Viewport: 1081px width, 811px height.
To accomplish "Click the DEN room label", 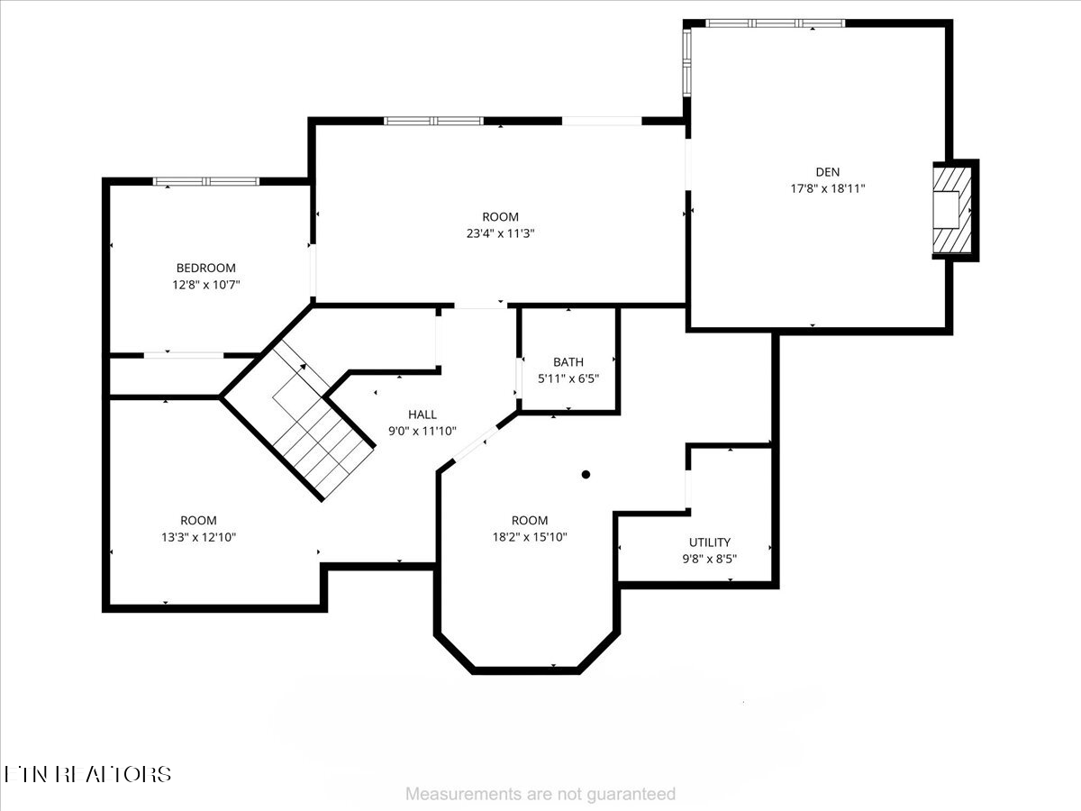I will [827, 171].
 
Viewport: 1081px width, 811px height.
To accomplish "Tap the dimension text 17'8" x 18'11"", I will [827, 188].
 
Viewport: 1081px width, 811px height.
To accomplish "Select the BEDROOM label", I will [205, 268].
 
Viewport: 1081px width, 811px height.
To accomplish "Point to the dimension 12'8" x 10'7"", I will [205, 285].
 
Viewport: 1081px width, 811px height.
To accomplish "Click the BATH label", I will [568, 362].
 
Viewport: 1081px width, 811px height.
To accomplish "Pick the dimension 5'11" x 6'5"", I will [568, 379].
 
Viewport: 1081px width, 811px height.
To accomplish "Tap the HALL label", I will [422, 415].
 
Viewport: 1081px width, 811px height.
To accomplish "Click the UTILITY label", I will [710, 542].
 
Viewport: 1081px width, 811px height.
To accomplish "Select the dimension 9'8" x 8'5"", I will [710, 559].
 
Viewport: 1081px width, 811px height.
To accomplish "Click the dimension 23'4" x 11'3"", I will [500, 233].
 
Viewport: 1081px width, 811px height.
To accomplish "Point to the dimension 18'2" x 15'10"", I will [530, 537].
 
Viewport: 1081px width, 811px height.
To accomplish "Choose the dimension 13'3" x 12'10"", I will [198, 537].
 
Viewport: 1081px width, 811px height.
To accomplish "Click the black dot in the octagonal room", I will [586, 474].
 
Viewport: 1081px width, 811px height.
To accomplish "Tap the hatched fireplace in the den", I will [951, 211].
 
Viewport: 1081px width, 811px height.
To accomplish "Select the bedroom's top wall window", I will [206, 181].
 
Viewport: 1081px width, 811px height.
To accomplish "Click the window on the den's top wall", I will [774, 23].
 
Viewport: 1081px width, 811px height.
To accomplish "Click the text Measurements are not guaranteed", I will [540, 794].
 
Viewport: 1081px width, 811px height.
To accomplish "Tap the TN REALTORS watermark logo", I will [87, 774].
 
